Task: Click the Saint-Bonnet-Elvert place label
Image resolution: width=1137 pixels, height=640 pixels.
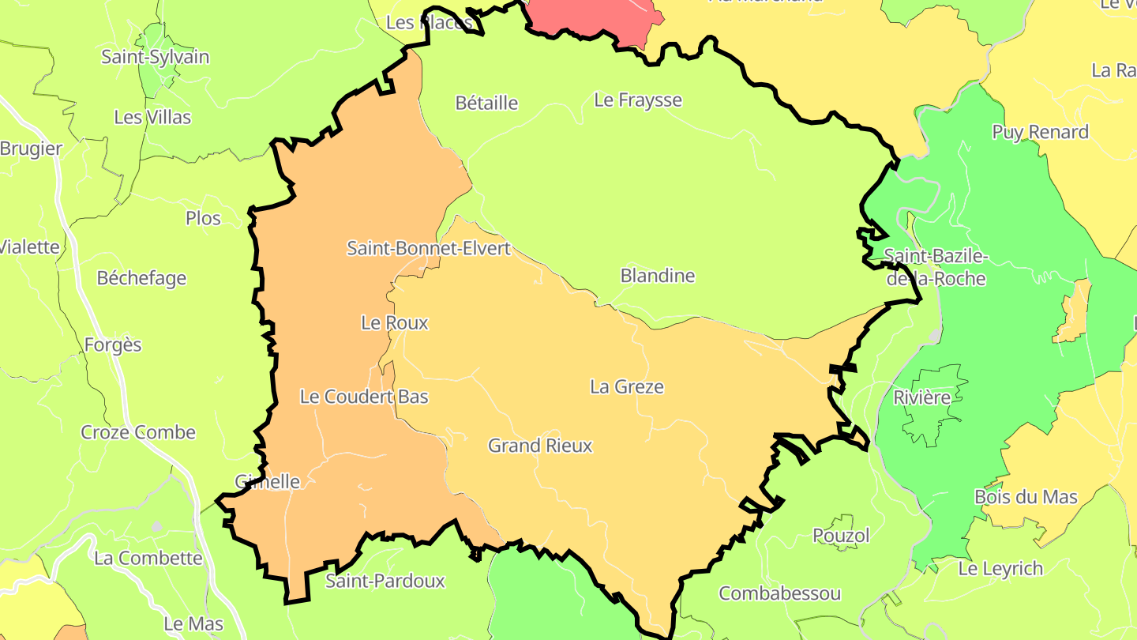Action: click(x=429, y=248)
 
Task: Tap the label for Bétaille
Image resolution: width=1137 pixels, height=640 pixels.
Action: click(x=487, y=103)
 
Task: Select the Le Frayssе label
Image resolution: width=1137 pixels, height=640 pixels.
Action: click(x=638, y=100)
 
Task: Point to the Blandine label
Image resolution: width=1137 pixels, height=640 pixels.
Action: click(x=658, y=276)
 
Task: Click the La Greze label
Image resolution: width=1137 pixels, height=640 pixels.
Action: click(x=627, y=387)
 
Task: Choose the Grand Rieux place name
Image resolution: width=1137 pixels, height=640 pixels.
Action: click(x=540, y=446)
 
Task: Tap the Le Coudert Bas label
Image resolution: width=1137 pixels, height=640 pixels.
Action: click(x=364, y=397)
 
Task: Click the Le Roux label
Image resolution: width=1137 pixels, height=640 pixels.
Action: click(x=395, y=322)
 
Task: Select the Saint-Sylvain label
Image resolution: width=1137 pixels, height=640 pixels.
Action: click(x=156, y=57)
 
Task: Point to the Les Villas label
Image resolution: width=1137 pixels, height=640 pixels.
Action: click(x=152, y=117)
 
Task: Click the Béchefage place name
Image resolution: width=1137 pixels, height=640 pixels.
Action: click(x=141, y=278)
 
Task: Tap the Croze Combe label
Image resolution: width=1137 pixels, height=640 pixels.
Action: click(x=138, y=432)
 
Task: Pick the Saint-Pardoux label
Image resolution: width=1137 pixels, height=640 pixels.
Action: click(x=385, y=582)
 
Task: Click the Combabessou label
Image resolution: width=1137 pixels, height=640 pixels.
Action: click(x=780, y=593)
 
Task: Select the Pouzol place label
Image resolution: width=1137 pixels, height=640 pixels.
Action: click(x=842, y=536)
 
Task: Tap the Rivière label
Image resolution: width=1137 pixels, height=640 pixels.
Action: click(x=922, y=397)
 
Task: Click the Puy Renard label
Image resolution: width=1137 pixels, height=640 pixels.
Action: click(x=1041, y=132)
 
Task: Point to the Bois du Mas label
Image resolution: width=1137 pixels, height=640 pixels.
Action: click(x=1026, y=497)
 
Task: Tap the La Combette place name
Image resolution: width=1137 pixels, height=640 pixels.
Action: click(x=148, y=558)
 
